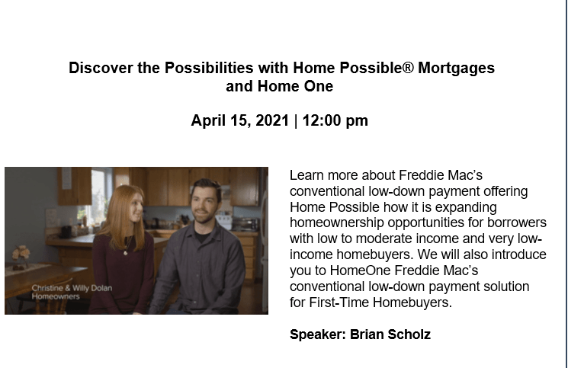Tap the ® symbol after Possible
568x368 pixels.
(408, 67)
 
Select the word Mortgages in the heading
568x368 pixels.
(457, 69)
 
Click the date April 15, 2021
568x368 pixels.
(240, 120)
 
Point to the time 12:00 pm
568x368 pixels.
(335, 121)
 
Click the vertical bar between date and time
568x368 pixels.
(296, 121)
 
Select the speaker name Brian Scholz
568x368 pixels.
(390, 334)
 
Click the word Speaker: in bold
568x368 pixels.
(318, 334)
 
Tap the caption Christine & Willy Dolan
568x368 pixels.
(72, 288)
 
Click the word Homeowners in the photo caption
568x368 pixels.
(56, 296)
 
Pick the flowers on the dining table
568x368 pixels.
(21, 253)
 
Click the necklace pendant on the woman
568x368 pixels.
(125, 253)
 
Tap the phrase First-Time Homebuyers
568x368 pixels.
(380, 302)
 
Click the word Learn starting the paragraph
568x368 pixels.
(306, 175)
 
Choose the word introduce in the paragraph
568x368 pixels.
(518, 254)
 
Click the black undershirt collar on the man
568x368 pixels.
(201, 235)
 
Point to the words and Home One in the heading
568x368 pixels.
(279, 87)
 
